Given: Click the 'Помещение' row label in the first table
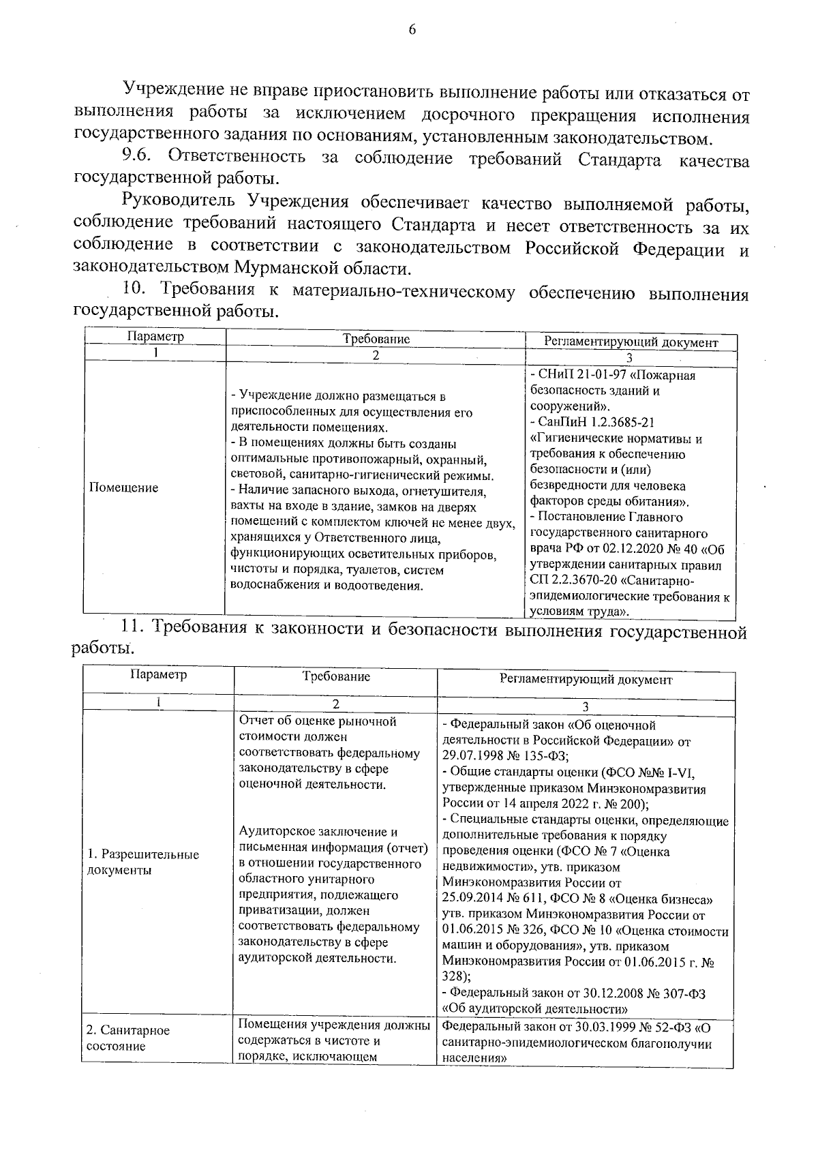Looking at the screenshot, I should pyautogui.click(x=123, y=487).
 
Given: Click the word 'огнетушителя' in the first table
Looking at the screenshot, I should pyautogui.click(x=444, y=492).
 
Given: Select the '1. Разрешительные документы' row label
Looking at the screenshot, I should pyautogui.click(x=143, y=862).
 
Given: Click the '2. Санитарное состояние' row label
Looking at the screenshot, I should pyautogui.click(x=128, y=1038).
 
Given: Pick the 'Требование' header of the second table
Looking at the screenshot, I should pyautogui.click(x=336, y=677).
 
